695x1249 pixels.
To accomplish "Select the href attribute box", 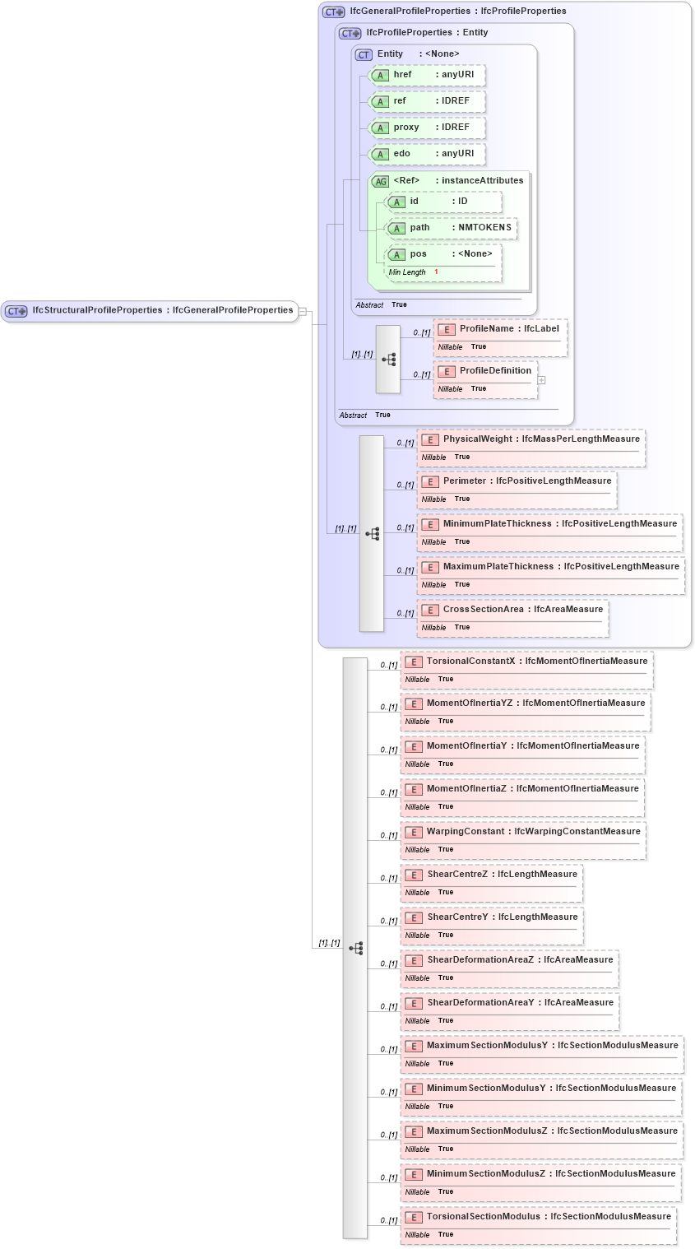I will point(427,75).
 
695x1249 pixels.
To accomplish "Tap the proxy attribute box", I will point(427,128).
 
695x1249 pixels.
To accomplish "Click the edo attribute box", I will point(427,154).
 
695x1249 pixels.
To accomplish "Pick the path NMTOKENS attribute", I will point(452,228).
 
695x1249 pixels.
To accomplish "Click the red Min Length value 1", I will point(436,272).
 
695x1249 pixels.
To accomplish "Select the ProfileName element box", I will point(500,329).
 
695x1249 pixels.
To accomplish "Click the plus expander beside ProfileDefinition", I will point(541,380).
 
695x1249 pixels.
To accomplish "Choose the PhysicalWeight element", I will point(531,439).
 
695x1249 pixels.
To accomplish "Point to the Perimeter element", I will point(517,481).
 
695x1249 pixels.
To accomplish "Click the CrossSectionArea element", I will point(512,610).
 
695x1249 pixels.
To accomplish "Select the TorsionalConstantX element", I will point(526,662).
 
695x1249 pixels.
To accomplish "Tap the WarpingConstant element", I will point(523,832).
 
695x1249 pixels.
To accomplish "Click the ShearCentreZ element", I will point(492,875).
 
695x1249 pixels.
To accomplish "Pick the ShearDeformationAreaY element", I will point(510,1003).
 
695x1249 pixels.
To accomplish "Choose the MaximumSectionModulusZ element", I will point(542,1131).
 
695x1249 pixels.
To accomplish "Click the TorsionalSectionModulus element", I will point(539,1217).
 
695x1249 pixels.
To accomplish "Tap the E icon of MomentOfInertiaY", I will point(414,747).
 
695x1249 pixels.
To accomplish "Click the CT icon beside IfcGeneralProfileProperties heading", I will point(333,12).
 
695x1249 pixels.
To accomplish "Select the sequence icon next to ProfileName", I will point(388,360).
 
